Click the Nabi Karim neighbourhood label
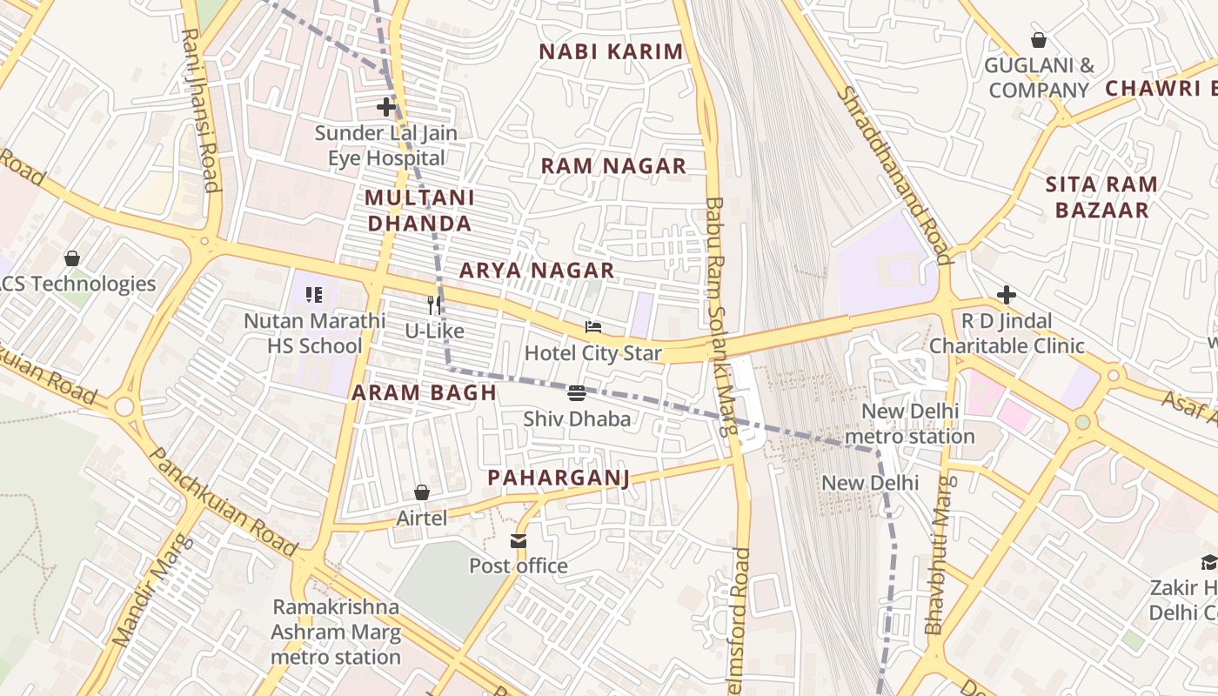(611, 51)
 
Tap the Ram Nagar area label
(613, 166)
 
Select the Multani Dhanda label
(419, 211)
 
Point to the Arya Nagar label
(537, 271)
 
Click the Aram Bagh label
(424, 392)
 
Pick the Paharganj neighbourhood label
(558, 478)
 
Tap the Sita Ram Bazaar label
(1101, 197)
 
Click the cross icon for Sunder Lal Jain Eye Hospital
(386, 108)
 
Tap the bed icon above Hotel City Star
(593, 328)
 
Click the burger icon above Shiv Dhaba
(577, 393)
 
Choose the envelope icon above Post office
(519, 541)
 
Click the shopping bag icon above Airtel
(422, 493)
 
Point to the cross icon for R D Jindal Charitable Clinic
(1007, 295)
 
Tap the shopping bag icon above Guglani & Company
(1039, 40)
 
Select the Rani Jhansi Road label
(199, 109)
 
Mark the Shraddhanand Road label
(893, 174)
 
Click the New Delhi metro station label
(909, 424)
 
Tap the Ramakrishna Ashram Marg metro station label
(336, 632)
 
